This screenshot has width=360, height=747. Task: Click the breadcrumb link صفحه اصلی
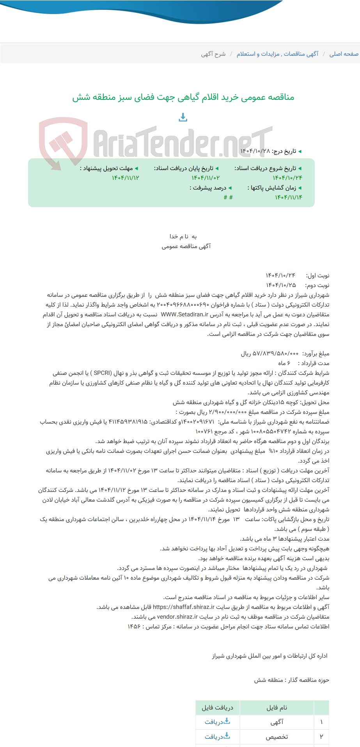344,54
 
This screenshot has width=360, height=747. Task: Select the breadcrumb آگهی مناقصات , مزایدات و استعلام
277,54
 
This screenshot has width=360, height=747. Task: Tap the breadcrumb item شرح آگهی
213,54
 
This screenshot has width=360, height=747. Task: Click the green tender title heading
183,97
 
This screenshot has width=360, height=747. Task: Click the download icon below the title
183,117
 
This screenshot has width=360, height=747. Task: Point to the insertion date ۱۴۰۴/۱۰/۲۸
255,151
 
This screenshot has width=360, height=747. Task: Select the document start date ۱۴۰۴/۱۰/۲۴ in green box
287,178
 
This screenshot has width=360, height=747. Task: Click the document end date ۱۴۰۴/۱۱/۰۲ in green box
206,178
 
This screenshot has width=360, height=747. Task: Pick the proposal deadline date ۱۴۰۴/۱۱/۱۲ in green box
125,178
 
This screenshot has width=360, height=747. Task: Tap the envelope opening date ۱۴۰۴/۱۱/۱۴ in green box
288,197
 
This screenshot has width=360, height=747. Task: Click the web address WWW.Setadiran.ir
184,314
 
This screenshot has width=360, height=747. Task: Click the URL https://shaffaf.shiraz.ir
183,607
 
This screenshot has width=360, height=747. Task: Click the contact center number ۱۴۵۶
133,626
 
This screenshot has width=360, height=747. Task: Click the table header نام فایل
277,708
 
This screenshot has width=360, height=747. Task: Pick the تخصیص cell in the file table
277,737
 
